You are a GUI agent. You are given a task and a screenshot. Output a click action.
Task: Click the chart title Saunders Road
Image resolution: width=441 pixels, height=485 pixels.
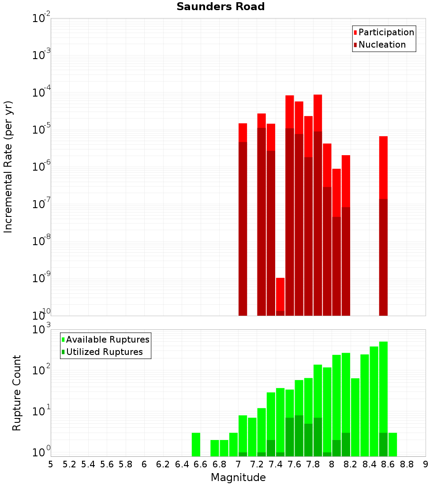point(220,7)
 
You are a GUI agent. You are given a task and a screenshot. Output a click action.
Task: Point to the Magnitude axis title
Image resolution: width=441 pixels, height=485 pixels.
point(238,477)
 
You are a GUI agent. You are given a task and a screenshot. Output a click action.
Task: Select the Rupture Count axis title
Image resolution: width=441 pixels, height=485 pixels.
point(17,392)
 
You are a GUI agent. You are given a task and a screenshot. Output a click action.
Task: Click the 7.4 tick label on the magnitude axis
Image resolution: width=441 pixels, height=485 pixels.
point(276,464)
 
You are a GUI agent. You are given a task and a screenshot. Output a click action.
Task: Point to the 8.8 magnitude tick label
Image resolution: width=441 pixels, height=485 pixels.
point(407,464)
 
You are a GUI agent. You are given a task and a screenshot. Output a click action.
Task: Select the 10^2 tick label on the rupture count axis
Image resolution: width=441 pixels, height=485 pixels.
point(42,370)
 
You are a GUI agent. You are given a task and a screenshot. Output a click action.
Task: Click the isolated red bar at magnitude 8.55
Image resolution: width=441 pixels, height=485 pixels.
point(383,168)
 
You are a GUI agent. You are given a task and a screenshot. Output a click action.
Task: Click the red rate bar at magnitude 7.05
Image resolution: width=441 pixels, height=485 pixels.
point(243,132)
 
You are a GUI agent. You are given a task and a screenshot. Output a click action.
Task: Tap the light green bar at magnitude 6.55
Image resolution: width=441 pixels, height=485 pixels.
point(196,444)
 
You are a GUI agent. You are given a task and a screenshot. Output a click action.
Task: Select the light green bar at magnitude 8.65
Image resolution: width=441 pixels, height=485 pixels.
point(392,444)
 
